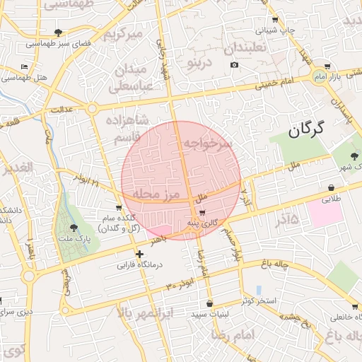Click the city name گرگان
tap(306, 129)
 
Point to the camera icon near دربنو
tap(235, 65)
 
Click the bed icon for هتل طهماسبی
tap(25, 66)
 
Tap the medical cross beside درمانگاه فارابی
tap(139, 254)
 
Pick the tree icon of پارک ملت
tap(74, 228)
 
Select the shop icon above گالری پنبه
tap(203, 213)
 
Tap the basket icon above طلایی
tap(332, 188)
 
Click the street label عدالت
tap(62, 110)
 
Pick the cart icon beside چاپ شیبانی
tap(275, 20)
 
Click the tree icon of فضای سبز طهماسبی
tap(58, 33)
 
